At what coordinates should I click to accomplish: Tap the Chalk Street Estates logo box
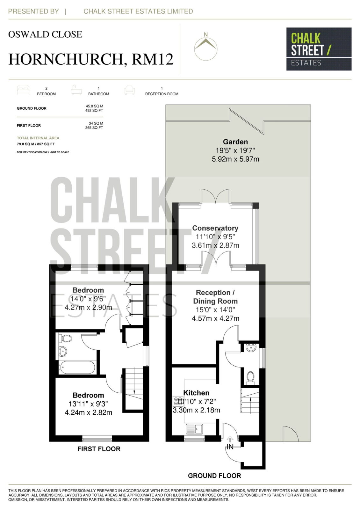(x=319, y=49)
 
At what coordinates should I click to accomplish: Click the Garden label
(x=235, y=142)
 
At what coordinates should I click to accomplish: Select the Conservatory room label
(x=215, y=228)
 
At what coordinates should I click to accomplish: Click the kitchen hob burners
(x=178, y=401)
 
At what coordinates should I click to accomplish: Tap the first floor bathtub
(x=77, y=368)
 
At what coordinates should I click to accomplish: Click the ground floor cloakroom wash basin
(x=251, y=348)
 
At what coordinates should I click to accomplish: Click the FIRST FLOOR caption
(x=99, y=449)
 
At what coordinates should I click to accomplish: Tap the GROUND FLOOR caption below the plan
(x=214, y=476)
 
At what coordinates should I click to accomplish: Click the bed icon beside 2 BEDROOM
(x=23, y=90)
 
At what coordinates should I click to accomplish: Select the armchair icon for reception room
(x=129, y=90)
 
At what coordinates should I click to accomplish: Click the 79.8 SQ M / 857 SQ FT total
(x=36, y=144)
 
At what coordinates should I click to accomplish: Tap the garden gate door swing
(x=290, y=433)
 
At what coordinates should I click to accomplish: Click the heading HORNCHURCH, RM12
(x=91, y=59)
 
